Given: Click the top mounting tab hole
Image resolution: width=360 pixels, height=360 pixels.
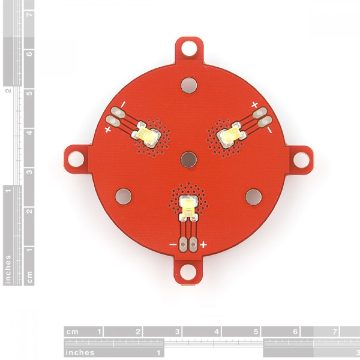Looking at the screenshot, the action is (189, 49).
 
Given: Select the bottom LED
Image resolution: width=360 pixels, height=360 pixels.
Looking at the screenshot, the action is (188, 207).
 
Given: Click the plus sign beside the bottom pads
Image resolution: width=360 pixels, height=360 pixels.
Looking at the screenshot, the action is (203, 245).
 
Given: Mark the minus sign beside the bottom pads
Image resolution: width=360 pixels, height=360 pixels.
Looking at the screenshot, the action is (173, 244).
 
